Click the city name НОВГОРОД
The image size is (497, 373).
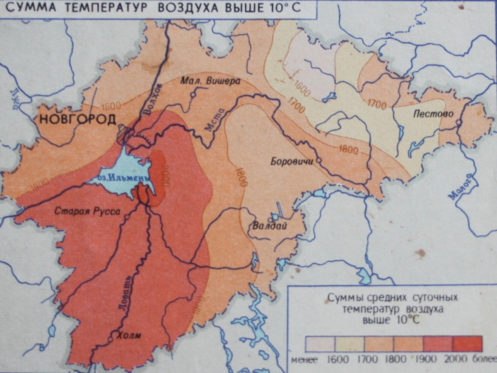point(77,120)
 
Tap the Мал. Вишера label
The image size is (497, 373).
point(210,81)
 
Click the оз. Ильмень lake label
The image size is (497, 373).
point(117,179)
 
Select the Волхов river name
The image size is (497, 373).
point(154,104)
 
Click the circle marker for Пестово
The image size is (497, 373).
point(458,122)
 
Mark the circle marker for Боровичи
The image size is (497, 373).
point(318,160)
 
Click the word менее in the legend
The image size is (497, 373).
point(304,359)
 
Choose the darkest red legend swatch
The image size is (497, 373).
point(468,344)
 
